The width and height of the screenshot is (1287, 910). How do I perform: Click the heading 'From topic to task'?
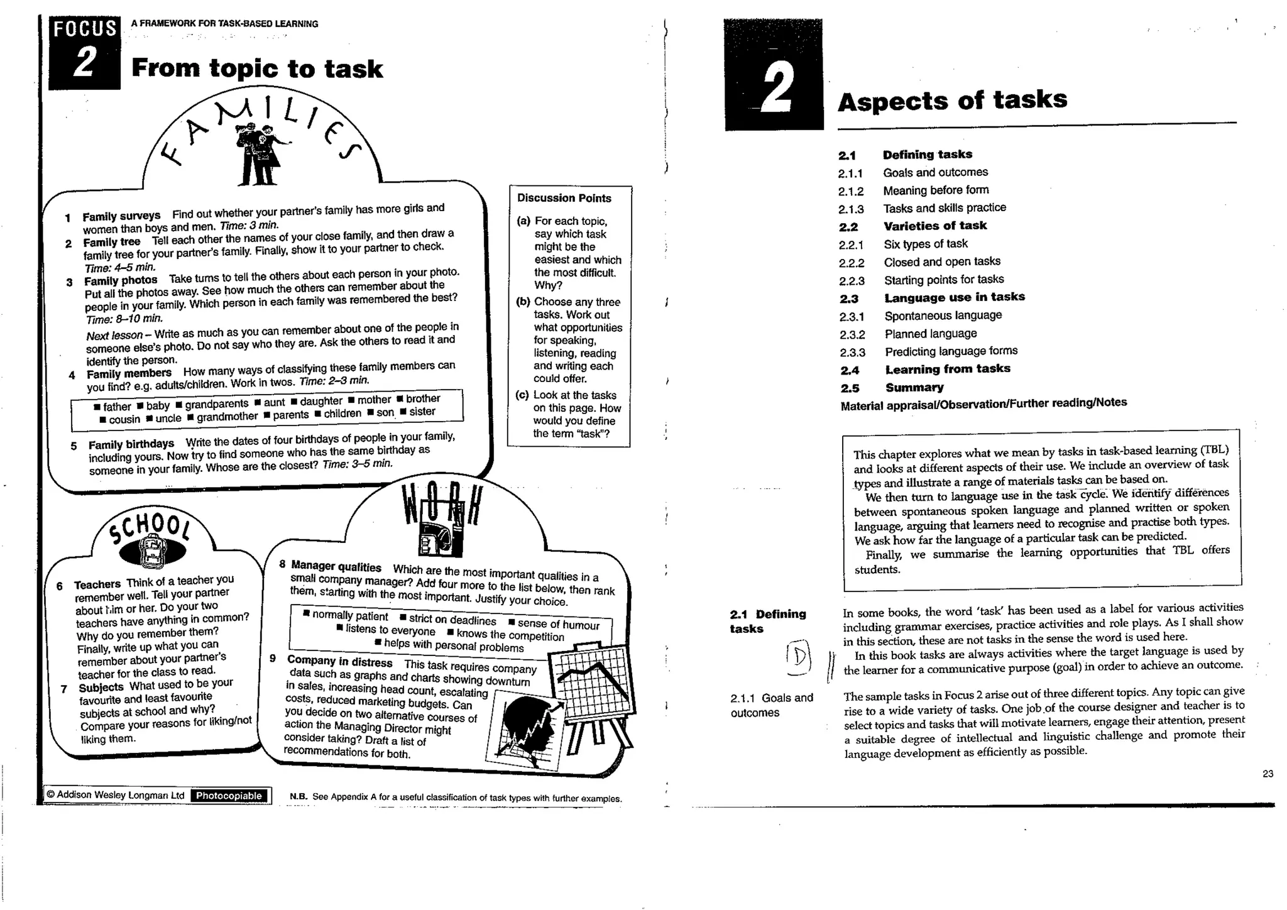(257, 69)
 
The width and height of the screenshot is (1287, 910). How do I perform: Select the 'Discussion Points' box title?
(564, 198)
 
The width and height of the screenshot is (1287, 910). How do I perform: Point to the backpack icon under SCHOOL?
(153, 551)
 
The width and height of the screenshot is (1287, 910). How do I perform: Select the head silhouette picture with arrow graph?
(527, 728)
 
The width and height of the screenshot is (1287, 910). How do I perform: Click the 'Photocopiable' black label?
(229, 796)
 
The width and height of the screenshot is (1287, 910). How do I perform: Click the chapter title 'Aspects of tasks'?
(952, 100)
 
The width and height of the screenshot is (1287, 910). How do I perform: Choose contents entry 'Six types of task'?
(925, 244)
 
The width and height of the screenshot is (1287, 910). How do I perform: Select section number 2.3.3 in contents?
(852, 353)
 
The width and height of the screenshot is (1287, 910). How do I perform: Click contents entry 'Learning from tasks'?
(948, 369)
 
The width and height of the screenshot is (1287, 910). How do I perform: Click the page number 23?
(1268, 774)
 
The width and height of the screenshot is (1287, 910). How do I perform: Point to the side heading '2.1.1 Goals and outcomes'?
(772, 705)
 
